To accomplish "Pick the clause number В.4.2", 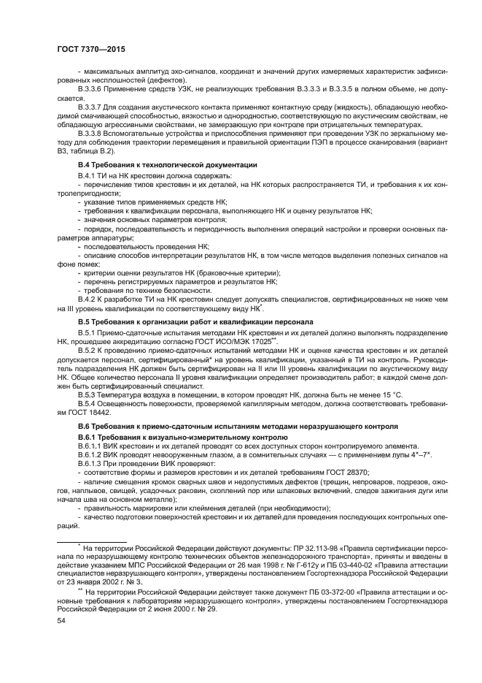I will (87, 299).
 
